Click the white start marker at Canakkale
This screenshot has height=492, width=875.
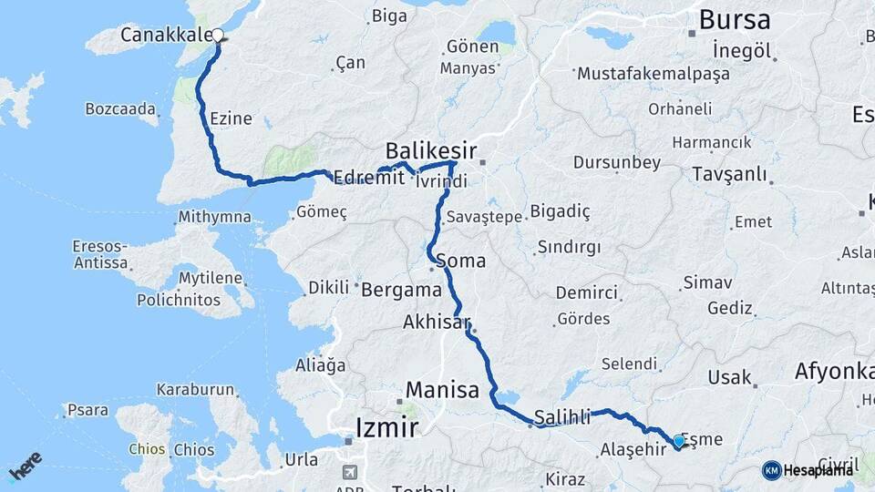pos(218,36)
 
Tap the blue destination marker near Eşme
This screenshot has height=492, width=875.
pos(679,443)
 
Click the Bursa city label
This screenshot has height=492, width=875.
pos(734,20)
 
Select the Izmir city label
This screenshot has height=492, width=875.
pos(386,425)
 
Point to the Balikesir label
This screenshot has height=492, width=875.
pos(431,149)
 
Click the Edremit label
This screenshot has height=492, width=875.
pos(368,178)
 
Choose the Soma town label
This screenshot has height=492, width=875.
pos(461,261)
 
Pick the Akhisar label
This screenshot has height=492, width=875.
pos(436,323)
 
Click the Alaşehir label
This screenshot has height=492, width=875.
pos(633,450)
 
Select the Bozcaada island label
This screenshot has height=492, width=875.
pos(120,108)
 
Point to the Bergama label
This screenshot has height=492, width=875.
pos(401,291)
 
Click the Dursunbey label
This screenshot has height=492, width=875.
pos(616,162)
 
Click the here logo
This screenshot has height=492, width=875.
pos(25,467)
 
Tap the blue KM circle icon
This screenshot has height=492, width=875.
pos(772,470)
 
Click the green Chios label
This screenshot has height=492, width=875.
pos(147,449)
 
